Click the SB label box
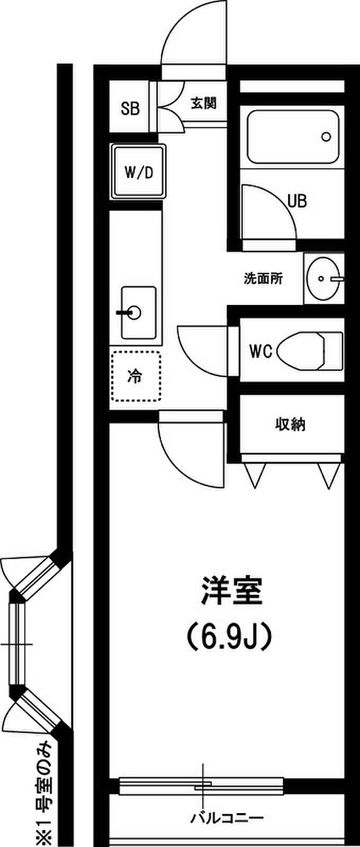(130, 109)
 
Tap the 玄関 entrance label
(204, 103)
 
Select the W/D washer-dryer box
(139, 172)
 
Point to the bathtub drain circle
(326, 137)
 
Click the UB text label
(297, 201)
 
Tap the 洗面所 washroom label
(263, 278)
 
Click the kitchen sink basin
(139, 312)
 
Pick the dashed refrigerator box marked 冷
(136, 376)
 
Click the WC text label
(260, 351)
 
